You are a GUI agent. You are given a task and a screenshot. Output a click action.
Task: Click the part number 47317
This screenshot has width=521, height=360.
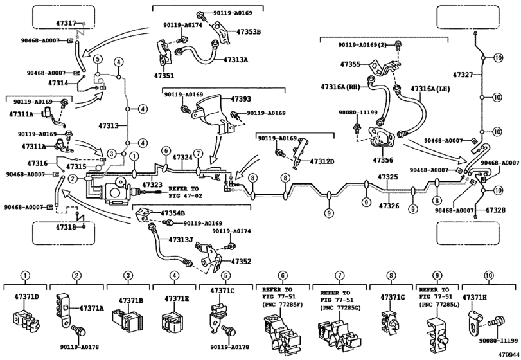point(66,23)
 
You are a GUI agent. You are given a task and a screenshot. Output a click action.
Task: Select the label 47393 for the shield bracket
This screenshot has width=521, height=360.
point(241,99)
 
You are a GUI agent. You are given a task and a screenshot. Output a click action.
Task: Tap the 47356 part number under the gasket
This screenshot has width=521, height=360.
point(383,160)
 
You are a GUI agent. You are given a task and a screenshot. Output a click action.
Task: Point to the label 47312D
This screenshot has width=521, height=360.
point(322,161)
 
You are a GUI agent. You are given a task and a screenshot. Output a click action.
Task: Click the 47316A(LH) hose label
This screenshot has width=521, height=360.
point(430,89)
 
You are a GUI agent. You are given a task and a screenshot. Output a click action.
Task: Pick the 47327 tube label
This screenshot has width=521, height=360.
point(463,75)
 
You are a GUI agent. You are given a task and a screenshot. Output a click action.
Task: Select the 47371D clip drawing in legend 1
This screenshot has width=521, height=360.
point(26,320)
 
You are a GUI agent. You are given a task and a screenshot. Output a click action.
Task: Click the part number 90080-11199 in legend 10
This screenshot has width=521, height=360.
point(499,340)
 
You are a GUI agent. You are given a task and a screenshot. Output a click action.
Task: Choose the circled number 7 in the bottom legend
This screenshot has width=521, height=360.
point(339,275)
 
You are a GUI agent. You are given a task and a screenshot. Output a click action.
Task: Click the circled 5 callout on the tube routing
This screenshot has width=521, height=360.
point(97,60)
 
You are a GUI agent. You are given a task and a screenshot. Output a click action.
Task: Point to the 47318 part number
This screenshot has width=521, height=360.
point(66,227)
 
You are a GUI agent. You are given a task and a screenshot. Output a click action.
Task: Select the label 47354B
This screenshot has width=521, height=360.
point(172,213)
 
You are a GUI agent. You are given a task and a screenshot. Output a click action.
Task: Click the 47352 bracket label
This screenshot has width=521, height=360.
point(241,261)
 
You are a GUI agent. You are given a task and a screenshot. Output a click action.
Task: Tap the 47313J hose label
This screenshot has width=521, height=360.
point(181,239)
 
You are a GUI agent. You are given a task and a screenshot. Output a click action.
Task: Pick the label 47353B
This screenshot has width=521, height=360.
point(249,32)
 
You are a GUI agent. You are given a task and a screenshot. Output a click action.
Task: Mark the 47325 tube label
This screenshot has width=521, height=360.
point(387,177)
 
